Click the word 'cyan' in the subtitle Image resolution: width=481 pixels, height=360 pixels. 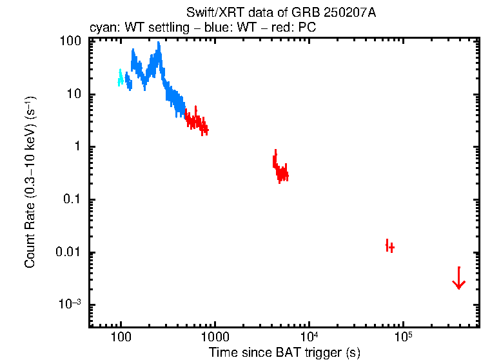click(x=101, y=28)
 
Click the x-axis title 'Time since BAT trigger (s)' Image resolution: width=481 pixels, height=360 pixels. click(x=284, y=352)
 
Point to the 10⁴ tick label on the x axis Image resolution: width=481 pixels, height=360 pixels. click(x=309, y=337)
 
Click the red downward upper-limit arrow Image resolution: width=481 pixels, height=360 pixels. click(x=458, y=279)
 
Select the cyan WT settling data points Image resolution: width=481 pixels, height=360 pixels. click(x=121, y=77)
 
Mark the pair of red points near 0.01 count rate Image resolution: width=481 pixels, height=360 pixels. click(x=389, y=246)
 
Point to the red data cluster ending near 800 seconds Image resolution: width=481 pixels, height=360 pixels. click(x=196, y=122)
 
